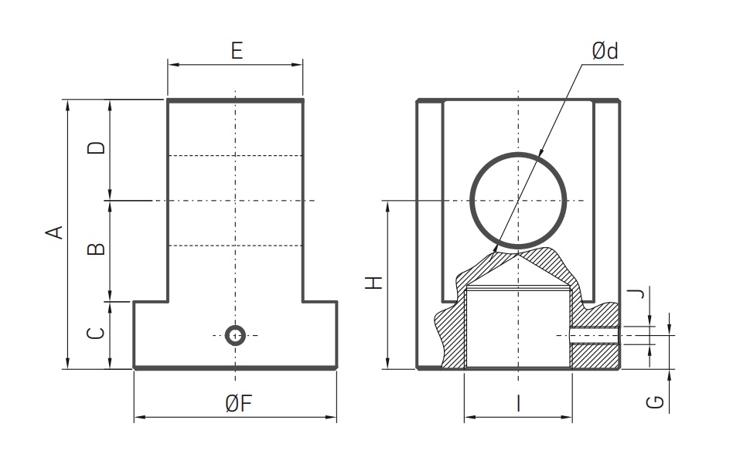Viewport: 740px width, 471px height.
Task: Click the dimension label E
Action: [236, 51]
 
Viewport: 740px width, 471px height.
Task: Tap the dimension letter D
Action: [96, 147]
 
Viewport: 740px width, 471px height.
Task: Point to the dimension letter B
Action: [96, 249]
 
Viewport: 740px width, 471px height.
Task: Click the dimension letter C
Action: [96, 334]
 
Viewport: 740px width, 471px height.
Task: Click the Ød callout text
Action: [605, 52]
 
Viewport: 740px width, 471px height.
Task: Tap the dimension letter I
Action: [518, 403]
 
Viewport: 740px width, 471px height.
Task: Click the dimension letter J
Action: [635, 293]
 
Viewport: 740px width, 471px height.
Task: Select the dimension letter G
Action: [653, 402]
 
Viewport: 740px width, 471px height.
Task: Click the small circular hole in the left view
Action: [235, 335]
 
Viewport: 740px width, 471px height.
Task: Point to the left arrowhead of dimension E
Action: [172, 65]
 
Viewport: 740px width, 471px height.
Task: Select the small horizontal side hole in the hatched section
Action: [595, 335]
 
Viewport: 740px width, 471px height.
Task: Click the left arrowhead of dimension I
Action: [469, 418]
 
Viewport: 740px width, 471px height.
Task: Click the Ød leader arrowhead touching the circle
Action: [496, 248]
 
